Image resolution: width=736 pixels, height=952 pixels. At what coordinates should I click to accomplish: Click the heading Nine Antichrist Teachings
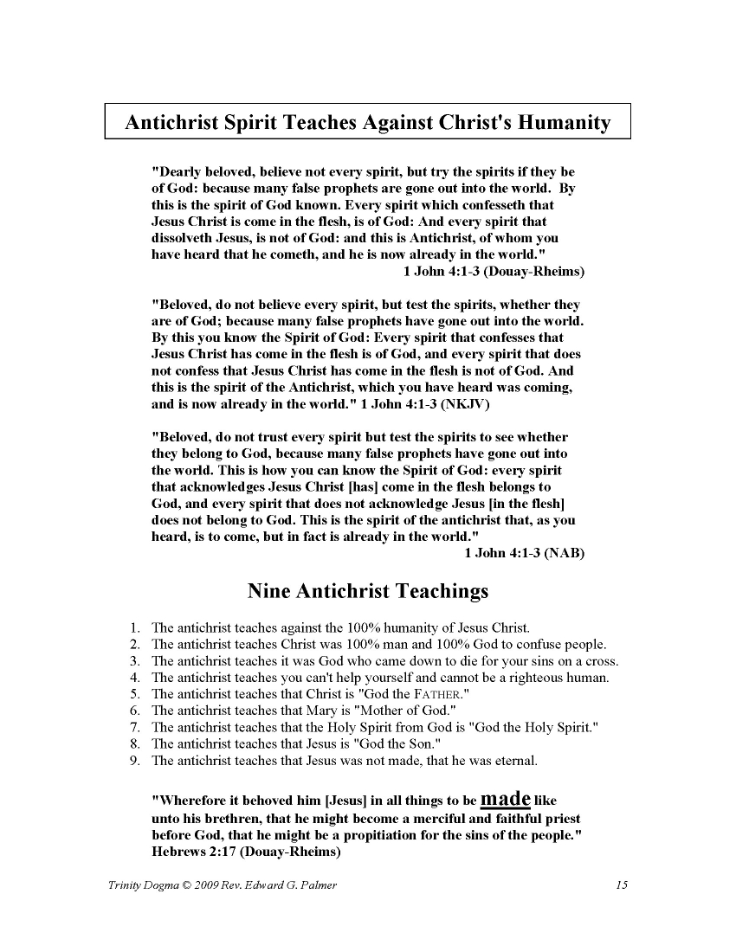pyautogui.click(x=368, y=592)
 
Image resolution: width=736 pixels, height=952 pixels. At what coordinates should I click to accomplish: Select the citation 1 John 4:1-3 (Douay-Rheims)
pyautogui.click(x=494, y=271)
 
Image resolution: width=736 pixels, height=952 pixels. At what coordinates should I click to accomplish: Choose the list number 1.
pyautogui.click(x=134, y=627)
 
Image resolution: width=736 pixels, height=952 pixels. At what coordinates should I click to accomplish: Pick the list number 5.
pyautogui.click(x=134, y=694)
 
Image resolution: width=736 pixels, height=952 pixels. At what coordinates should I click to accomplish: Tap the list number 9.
pyautogui.click(x=134, y=762)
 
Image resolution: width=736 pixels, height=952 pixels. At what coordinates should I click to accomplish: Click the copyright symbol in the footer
pyautogui.click(x=197, y=884)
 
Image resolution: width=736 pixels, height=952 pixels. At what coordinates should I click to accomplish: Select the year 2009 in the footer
pyautogui.click(x=216, y=884)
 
